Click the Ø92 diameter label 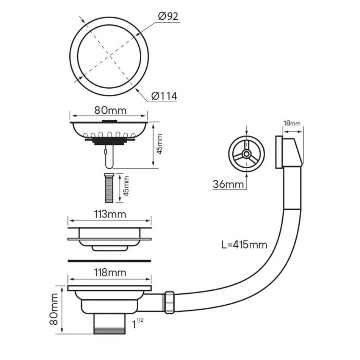[x=168, y=16]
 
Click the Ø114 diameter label [x=164, y=96]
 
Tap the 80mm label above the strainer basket [x=110, y=110]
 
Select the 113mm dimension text [x=110, y=214]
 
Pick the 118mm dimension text [x=110, y=272]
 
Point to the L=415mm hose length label [x=244, y=245]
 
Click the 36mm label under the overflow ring [x=228, y=184]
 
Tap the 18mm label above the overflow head [x=292, y=123]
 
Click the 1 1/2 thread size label [x=138, y=323]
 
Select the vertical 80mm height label [x=54, y=309]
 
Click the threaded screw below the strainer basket [x=109, y=188]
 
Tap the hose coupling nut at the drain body [x=169, y=303]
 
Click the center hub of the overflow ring [x=247, y=154]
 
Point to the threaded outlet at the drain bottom [x=110, y=324]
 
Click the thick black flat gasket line [x=110, y=261]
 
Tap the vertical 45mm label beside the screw [x=126, y=186]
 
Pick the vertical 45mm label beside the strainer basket [x=160, y=144]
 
